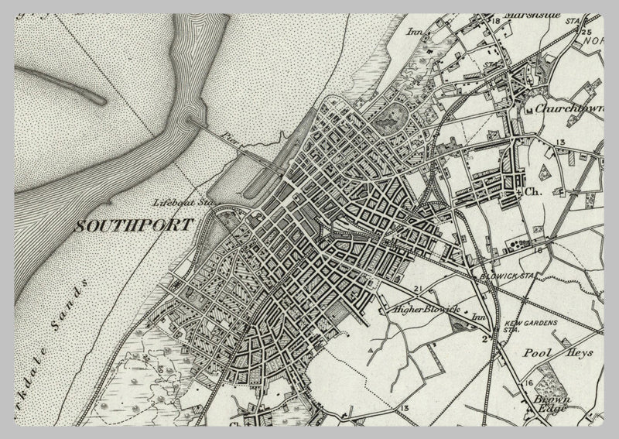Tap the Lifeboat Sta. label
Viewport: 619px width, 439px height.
(183, 202)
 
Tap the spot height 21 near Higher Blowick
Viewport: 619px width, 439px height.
(418, 289)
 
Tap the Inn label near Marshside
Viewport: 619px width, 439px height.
(414, 33)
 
